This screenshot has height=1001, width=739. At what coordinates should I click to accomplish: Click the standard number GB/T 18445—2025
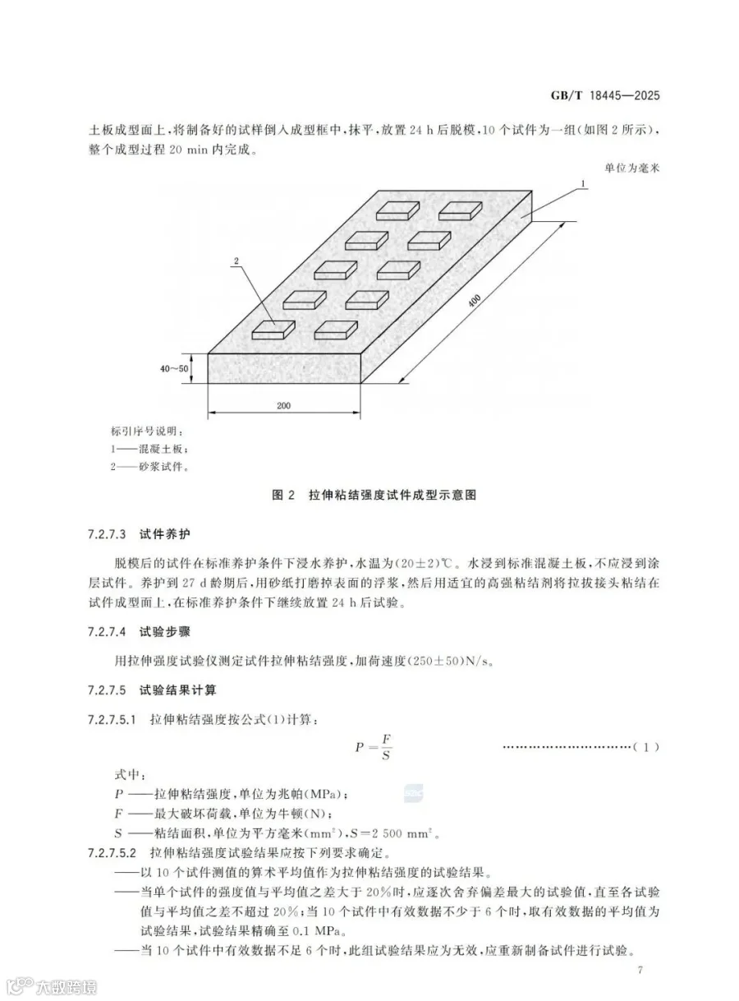[x=605, y=95]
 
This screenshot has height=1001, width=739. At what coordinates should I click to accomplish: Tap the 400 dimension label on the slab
[x=475, y=300]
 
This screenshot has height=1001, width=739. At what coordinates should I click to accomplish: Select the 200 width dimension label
[x=283, y=405]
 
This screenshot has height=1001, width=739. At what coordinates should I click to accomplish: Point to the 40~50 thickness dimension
[x=174, y=369]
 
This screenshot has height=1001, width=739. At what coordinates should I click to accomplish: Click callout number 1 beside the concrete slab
[x=583, y=184]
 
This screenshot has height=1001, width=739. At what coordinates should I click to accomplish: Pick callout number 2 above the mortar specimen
[x=236, y=261]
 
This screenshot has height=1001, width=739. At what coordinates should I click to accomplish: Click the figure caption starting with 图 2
[x=374, y=495]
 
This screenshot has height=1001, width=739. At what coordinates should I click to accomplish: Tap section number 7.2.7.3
[x=107, y=534]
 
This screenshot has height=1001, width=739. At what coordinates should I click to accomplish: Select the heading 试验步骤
[x=164, y=631]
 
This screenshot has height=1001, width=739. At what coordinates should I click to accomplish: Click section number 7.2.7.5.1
[x=112, y=720]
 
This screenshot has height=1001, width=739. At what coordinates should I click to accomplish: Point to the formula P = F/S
[x=373, y=747]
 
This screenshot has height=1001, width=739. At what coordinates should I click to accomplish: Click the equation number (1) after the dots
[x=646, y=747]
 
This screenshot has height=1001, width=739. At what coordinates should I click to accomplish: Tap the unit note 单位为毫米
[x=631, y=168]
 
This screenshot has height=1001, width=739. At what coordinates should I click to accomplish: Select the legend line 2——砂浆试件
[x=149, y=466]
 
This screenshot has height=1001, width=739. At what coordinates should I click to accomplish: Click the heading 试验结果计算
[x=177, y=690]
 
